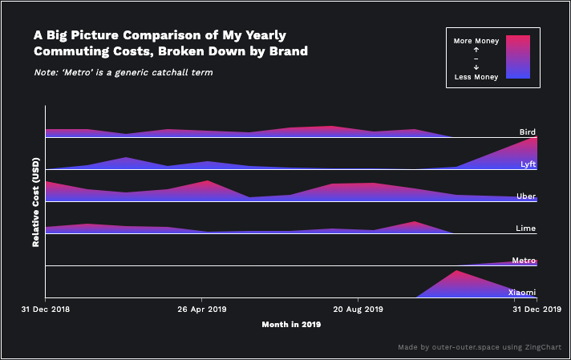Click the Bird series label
pyautogui.click(x=527, y=131)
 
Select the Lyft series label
pyautogui.click(x=528, y=164)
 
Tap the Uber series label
pyautogui.click(x=527, y=196)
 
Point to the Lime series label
pyautogui.click(x=525, y=229)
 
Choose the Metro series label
pyautogui.click(x=524, y=261)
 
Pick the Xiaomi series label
pyautogui.click(x=522, y=293)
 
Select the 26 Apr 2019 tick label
pyautogui.click(x=202, y=308)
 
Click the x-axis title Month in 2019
pyautogui.click(x=291, y=325)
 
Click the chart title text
pyautogui.click(x=171, y=43)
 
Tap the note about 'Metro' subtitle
pyautogui.click(x=123, y=73)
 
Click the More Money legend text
pyautogui.click(x=476, y=40)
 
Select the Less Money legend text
pyautogui.click(x=476, y=77)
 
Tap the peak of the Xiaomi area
pyautogui.click(x=456, y=271)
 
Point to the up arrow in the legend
pyautogui.click(x=476, y=50)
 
